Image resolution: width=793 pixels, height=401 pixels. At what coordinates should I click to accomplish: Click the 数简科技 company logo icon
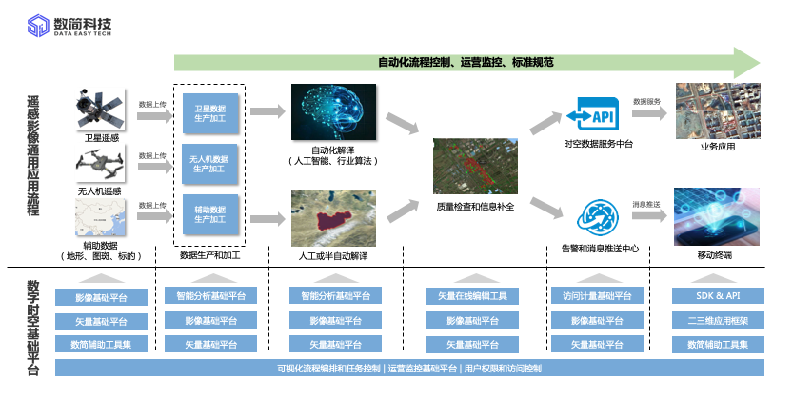point(38,25)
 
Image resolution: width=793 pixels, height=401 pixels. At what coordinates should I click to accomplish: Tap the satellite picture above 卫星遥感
point(102,110)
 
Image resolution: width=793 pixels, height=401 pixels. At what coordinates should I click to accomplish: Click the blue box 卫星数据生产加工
point(209,114)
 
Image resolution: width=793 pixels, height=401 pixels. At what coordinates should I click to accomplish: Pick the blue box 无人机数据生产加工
point(209,164)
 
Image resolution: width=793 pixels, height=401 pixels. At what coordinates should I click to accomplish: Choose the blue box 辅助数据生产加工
point(209,213)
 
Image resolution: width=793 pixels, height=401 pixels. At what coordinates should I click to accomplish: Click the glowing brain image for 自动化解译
point(333,114)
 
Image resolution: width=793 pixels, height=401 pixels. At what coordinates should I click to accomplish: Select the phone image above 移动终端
point(717,216)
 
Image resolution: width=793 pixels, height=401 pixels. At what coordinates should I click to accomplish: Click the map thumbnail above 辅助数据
point(102,221)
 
